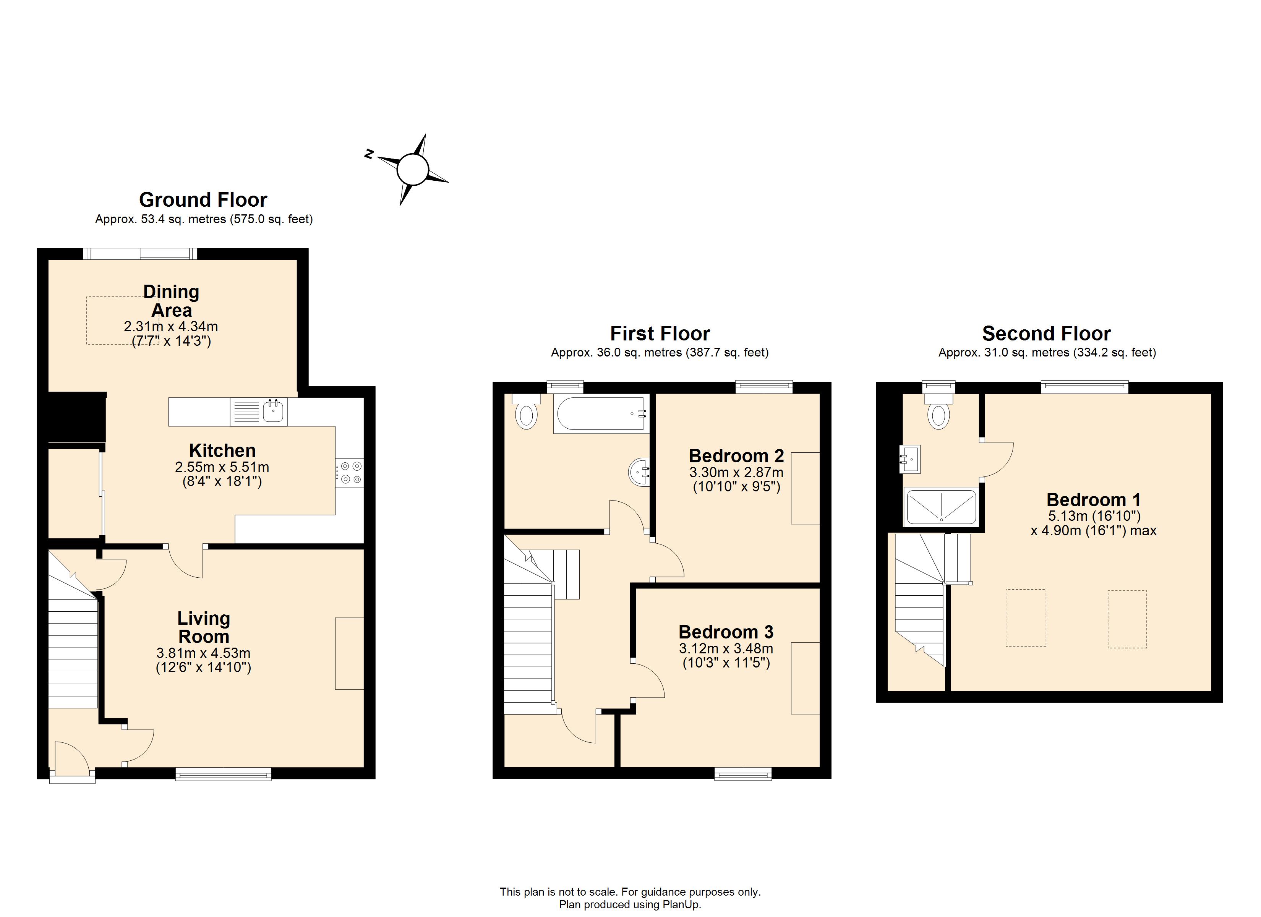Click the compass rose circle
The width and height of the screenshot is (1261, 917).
413,169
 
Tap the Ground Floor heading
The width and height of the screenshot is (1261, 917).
203,199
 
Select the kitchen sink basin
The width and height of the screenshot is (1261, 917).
273,412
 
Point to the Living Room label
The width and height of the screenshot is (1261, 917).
204,627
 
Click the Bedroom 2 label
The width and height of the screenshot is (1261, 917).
736,456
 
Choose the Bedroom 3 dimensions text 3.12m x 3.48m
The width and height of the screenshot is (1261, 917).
726,648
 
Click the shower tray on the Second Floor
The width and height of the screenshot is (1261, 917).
941,507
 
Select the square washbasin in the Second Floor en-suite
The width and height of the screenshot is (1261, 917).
911,459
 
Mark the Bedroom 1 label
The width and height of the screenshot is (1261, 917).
1094,500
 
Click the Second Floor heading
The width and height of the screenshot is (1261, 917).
1046,334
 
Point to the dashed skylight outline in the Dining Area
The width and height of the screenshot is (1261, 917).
122,320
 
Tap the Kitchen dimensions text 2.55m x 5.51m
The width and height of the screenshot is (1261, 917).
222,467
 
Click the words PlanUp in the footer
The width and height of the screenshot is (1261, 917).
681,905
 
